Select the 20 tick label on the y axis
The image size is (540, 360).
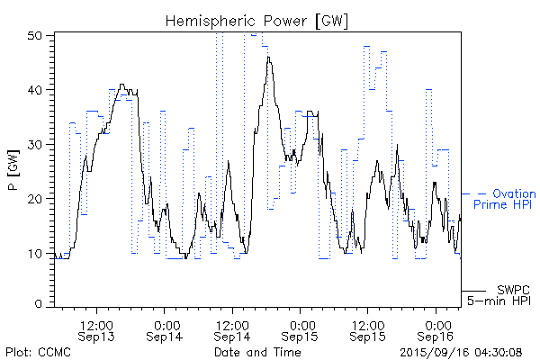tap(39, 198)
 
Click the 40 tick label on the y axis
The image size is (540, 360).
tap(39, 90)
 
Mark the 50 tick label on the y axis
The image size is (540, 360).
tap(39, 35)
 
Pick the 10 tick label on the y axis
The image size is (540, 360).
tap(39, 252)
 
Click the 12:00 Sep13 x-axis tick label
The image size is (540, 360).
tap(96, 329)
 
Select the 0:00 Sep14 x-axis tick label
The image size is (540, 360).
tap(165, 329)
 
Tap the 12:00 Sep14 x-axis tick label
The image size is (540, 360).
tap(232, 329)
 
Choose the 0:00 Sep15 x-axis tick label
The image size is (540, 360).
tap(301, 329)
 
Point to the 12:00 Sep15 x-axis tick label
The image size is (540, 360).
tap(368, 329)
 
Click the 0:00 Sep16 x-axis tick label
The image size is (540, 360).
tap(436, 329)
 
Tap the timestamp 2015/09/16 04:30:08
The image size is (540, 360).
tap(460, 352)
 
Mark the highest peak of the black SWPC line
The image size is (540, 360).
tap(268, 57)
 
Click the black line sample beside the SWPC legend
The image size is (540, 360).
tap(474, 291)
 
